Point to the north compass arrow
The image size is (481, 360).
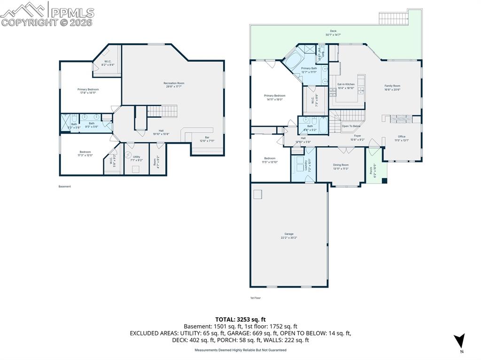(x=460, y=340)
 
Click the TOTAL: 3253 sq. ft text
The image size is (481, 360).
(x=240, y=319)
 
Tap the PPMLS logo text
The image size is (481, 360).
(x=71, y=13)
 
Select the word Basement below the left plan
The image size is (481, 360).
(x=65, y=186)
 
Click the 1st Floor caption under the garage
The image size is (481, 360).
(x=255, y=298)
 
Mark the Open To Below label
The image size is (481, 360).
(x=351, y=126)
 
